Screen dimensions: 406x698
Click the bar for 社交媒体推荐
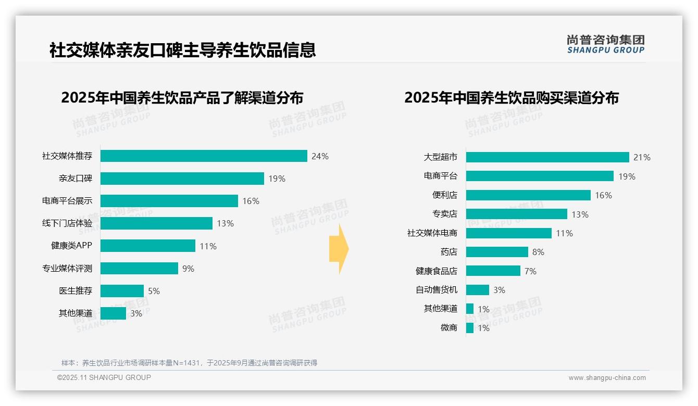pos(204,156)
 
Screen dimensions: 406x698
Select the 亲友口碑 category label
pos(76,179)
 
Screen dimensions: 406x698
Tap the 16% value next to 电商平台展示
pos(251,201)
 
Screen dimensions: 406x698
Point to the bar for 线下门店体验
pos(156,223)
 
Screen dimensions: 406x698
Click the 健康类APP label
pos(71,246)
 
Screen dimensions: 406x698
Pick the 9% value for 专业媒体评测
pos(188,269)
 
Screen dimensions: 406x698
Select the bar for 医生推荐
pos(122,291)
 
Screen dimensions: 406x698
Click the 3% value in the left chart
pos(136,313)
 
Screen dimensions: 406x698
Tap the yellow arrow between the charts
pos(339,249)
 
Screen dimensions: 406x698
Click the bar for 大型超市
pos(547,157)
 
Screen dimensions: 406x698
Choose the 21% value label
pos(642,158)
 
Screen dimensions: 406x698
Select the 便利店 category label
pos(445,195)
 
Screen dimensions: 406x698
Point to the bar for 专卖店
pos(516,214)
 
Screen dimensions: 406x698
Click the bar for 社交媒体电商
pos(508,233)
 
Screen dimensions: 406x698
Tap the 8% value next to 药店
pos(538,252)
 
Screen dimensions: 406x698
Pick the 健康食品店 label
pos(437,271)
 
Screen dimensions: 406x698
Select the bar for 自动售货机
pos(477,290)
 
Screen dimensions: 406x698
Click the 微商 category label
pos(449,328)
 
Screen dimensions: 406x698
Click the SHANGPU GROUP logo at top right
pos(606,44)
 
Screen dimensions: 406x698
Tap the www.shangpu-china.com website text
pos(607,378)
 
